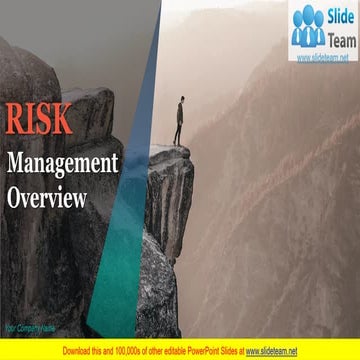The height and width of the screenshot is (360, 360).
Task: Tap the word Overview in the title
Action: [x=47, y=197]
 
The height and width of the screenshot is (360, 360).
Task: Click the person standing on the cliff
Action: [x=179, y=121]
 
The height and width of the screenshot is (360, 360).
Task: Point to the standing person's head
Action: [x=181, y=101]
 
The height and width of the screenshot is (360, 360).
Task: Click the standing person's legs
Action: [x=178, y=133]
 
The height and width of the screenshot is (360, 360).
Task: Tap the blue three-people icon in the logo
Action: [x=309, y=28]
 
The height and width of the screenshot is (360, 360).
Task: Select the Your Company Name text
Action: [x=29, y=326]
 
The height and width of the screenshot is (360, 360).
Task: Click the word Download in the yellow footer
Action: [x=79, y=351]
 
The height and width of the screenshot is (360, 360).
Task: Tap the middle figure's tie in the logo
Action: [x=309, y=33]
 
